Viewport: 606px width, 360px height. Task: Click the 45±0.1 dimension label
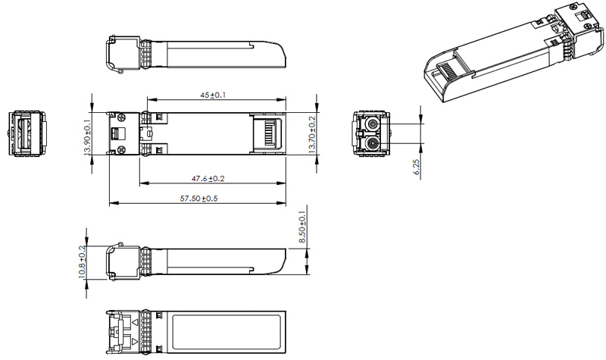pyautogui.click(x=213, y=95)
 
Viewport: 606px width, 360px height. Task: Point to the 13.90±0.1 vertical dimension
pyautogui.click(x=87, y=134)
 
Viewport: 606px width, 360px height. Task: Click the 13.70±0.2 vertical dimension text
pyautogui.click(x=313, y=134)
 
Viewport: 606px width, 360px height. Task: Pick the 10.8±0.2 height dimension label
pyautogui.click(x=83, y=263)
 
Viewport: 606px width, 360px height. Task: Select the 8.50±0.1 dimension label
pyautogui.click(x=303, y=228)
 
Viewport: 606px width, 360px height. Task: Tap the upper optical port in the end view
pyautogui.click(x=372, y=124)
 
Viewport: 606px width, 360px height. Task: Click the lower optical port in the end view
pyautogui.click(x=372, y=143)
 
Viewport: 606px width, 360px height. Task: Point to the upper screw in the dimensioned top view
pyautogui.click(x=120, y=117)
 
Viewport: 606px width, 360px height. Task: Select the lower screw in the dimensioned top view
pyautogui.click(x=120, y=151)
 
